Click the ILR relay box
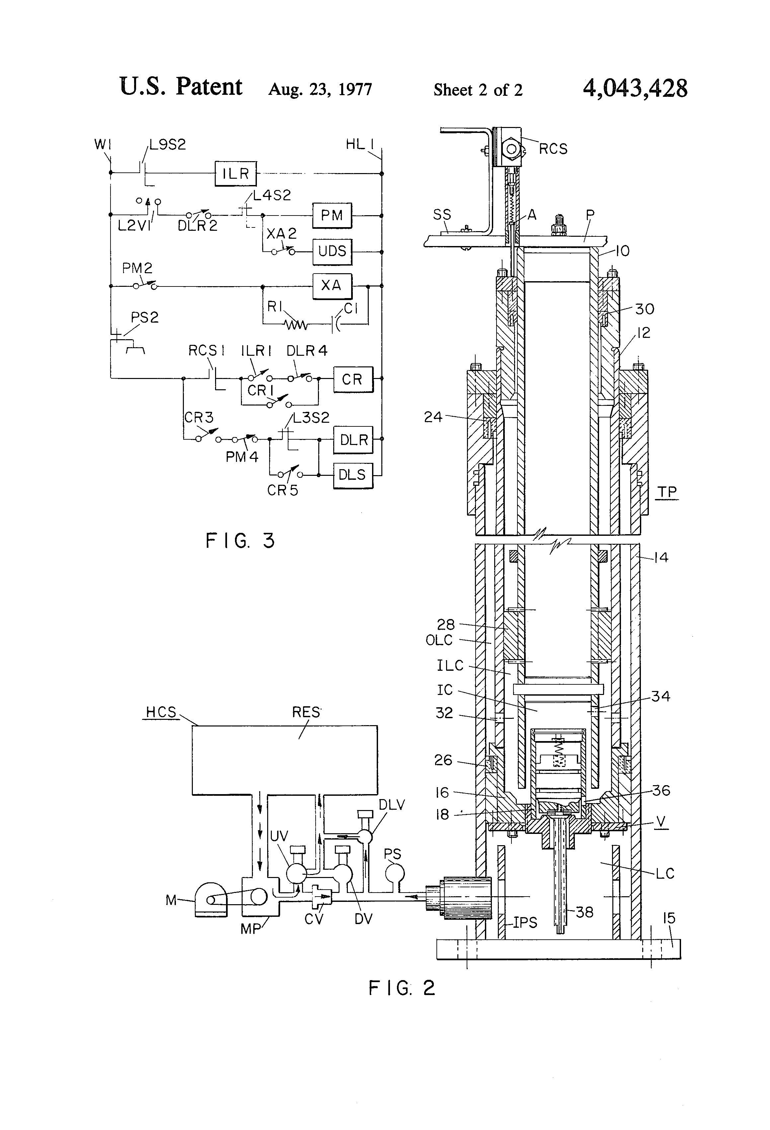tap(236, 174)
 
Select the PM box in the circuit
tap(332, 216)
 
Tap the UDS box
tap(332, 251)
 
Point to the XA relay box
tap(332, 285)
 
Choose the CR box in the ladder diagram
tap(353, 379)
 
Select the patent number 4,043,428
tap(635, 89)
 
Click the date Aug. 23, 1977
tap(320, 90)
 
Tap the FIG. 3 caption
tap(240, 541)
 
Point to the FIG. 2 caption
tap(402, 988)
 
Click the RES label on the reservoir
tap(306, 712)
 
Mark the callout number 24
tap(433, 417)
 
